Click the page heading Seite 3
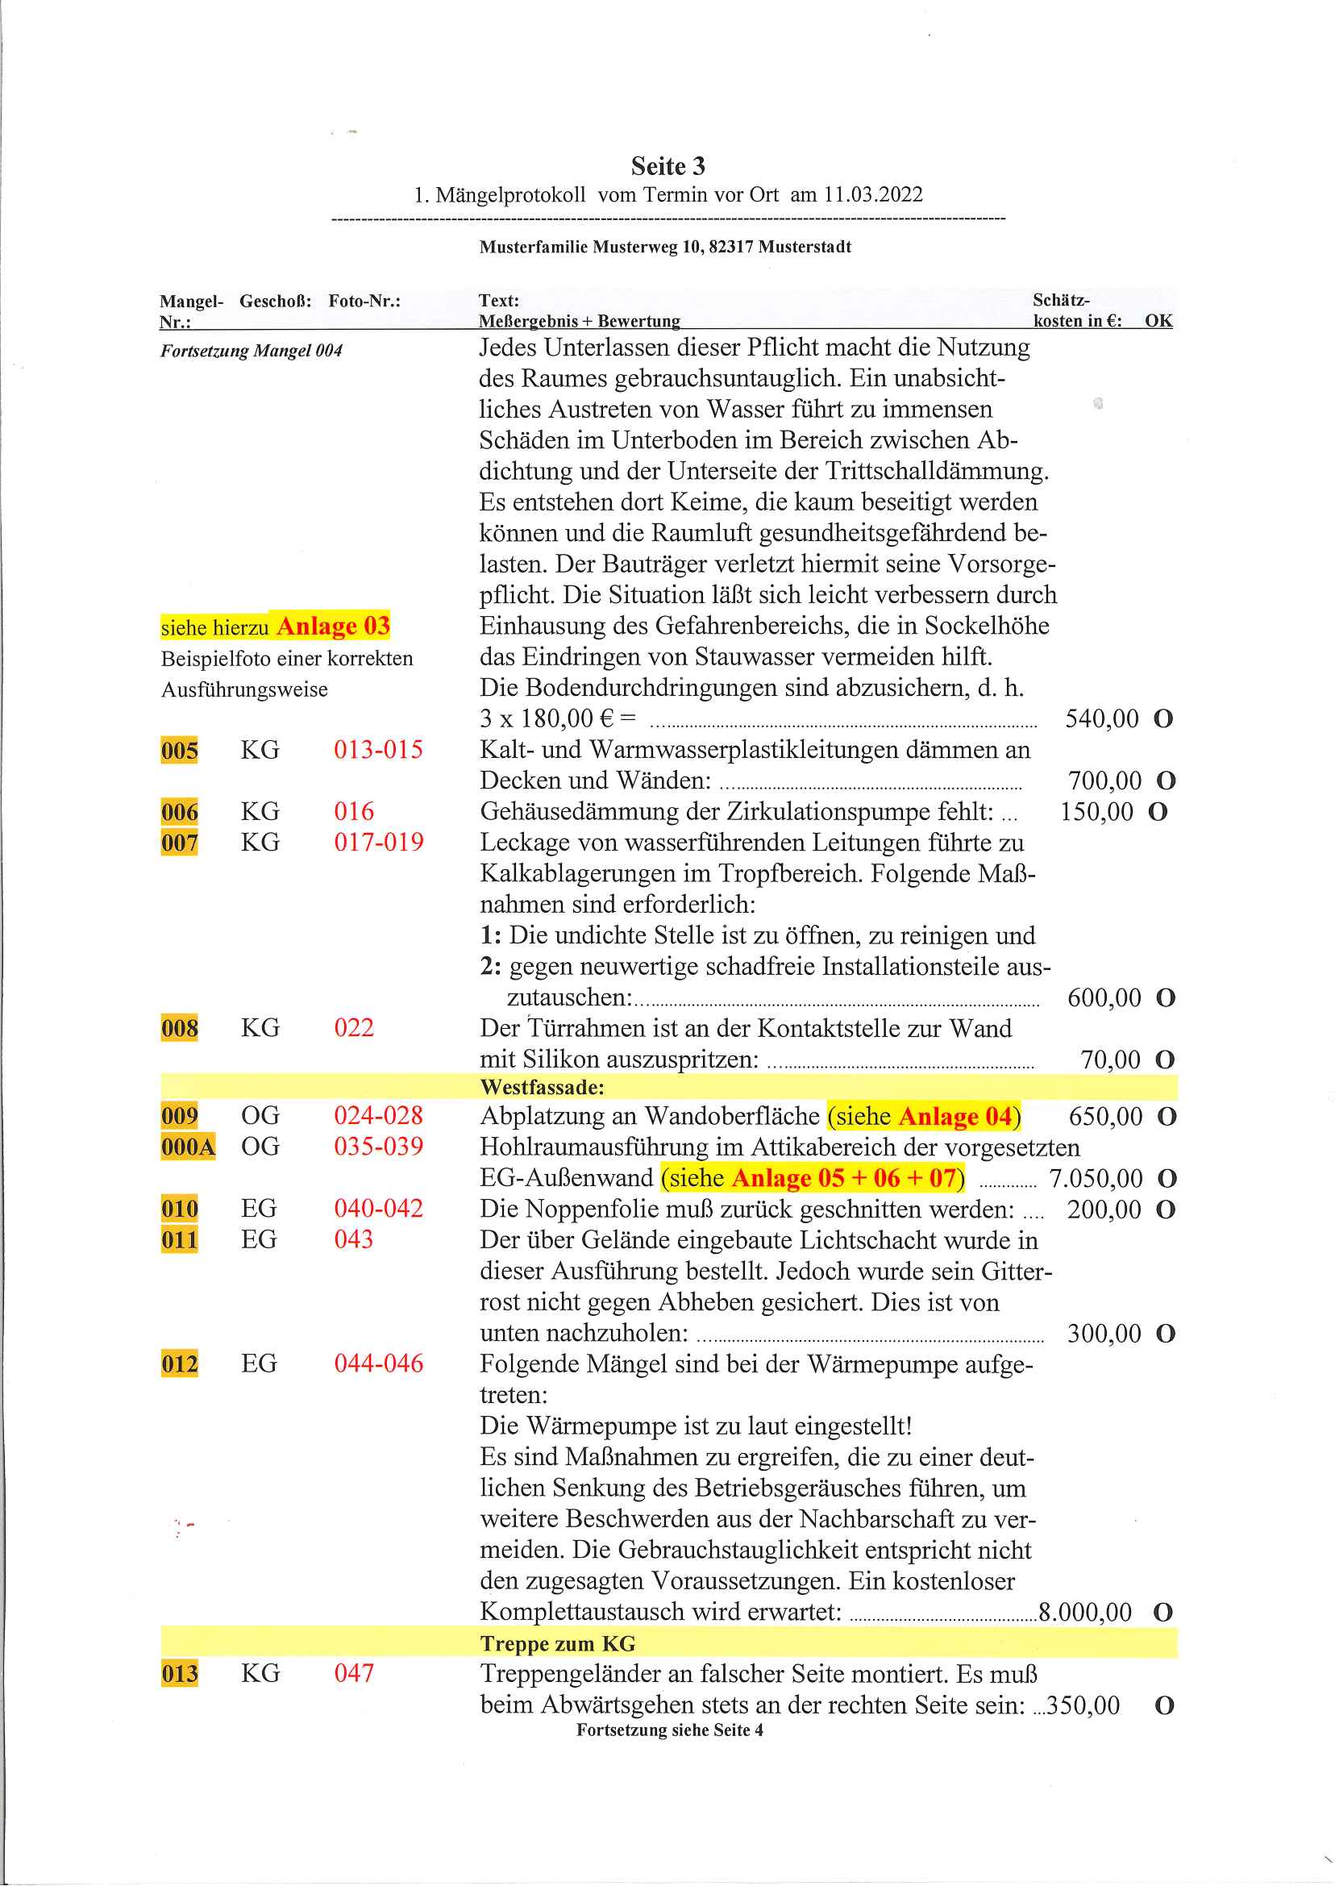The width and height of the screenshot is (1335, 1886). coord(667,166)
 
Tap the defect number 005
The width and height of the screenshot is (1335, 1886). coord(179,751)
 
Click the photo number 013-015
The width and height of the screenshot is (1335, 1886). coord(378,750)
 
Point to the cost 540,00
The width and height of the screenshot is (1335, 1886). coord(1101,719)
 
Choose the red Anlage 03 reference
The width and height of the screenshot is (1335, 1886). coord(333,627)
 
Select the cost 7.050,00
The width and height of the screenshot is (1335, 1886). coord(1096,1179)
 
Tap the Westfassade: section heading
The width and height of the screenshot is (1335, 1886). coord(543,1088)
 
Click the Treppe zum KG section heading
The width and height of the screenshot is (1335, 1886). coord(558,1643)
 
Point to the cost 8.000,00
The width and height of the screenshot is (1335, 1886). coord(1085,1612)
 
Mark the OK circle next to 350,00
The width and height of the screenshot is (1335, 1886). coord(1164,1706)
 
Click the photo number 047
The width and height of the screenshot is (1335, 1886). coord(353,1673)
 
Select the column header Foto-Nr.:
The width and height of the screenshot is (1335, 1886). coord(364,301)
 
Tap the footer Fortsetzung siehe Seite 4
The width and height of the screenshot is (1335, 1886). coord(669,1730)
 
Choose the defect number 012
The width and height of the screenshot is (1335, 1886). coord(179,1365)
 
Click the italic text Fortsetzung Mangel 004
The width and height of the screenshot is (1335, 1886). coord(251,351)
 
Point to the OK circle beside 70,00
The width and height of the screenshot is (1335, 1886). coord(1165,1060)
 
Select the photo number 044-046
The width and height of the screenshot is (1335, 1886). coord(378,1364)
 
